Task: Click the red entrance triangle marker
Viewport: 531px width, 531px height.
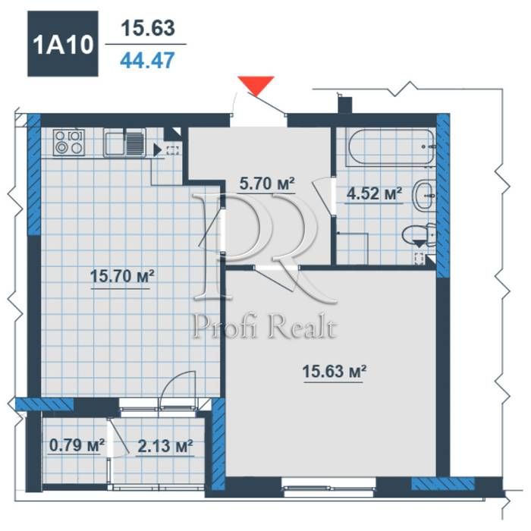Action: click(x=256, y=85)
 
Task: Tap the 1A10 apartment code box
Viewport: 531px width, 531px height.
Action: click(x=63, y=44)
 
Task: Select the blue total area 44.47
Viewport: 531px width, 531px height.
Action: click(x=147, y=60)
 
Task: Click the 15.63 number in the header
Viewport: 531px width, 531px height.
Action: click(x=148, y=28)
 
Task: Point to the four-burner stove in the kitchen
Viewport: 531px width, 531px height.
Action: click(x=69, y=143)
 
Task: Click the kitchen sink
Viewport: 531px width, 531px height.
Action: click(x=124, y=143)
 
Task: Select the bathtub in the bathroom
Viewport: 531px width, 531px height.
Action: click(x=391, y=147)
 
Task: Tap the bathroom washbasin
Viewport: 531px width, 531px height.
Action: click(x=423, y=196)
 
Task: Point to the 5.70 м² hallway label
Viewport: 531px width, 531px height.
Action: click(x=267, y=184)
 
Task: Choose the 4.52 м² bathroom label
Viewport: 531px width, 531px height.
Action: click(x=374, y=193)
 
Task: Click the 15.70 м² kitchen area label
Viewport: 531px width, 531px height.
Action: click(x=122, y=276)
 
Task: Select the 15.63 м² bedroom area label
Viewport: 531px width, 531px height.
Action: click(x=334, y=371)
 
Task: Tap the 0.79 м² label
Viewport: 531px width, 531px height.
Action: click(x=77, y=445)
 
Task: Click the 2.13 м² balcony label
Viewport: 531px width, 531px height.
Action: click(x=165, y=446)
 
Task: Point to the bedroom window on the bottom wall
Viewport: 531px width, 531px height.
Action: click(x=328, y=487)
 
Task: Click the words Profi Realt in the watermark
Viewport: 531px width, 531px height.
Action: click(x=265, y=326)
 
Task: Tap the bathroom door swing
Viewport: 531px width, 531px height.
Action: click(x=324, y=196)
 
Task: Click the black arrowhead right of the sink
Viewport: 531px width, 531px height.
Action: click(x=157, y=150)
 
